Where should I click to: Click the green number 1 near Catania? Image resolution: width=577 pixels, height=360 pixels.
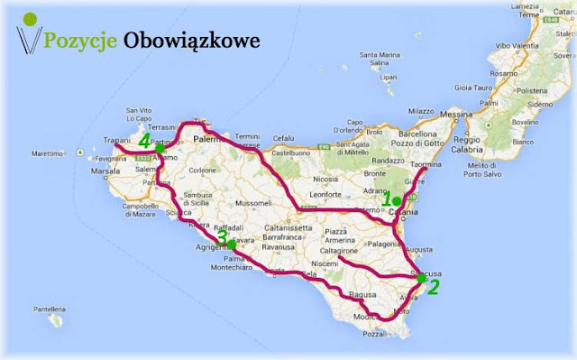pyautogui.click(x=386, y=201)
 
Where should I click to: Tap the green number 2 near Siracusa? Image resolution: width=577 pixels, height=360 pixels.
pyautogui.click(x=434, y=289)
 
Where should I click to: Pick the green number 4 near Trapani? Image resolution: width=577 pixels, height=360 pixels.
pyautogui.click(x=145, y=142)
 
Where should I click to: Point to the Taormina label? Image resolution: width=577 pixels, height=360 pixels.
pyautogui.click(x=454, y=166)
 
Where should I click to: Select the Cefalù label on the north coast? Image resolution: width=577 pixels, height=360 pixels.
pyautogui.click(x=285, y=139)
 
